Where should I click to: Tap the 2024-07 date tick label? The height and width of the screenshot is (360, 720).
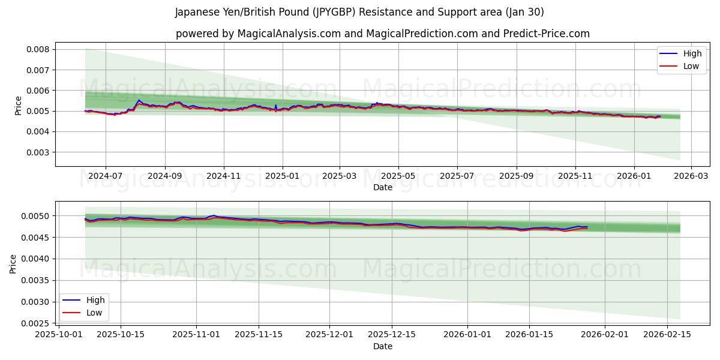click(x=106, y=176)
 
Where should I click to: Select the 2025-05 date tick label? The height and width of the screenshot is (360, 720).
click(x=398, y=176)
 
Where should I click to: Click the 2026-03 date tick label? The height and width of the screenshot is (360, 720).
click(x=691, y=176)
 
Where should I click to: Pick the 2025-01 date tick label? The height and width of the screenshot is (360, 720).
click(x=282, y=176)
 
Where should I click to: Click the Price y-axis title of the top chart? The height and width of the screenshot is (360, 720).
click(x=18, y=105)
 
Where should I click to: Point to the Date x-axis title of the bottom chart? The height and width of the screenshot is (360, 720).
click(x=383, y=346)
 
